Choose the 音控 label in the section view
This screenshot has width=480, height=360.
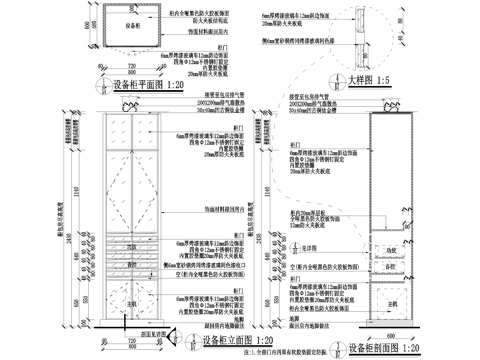pyautogui.click(x=392, y=265)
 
